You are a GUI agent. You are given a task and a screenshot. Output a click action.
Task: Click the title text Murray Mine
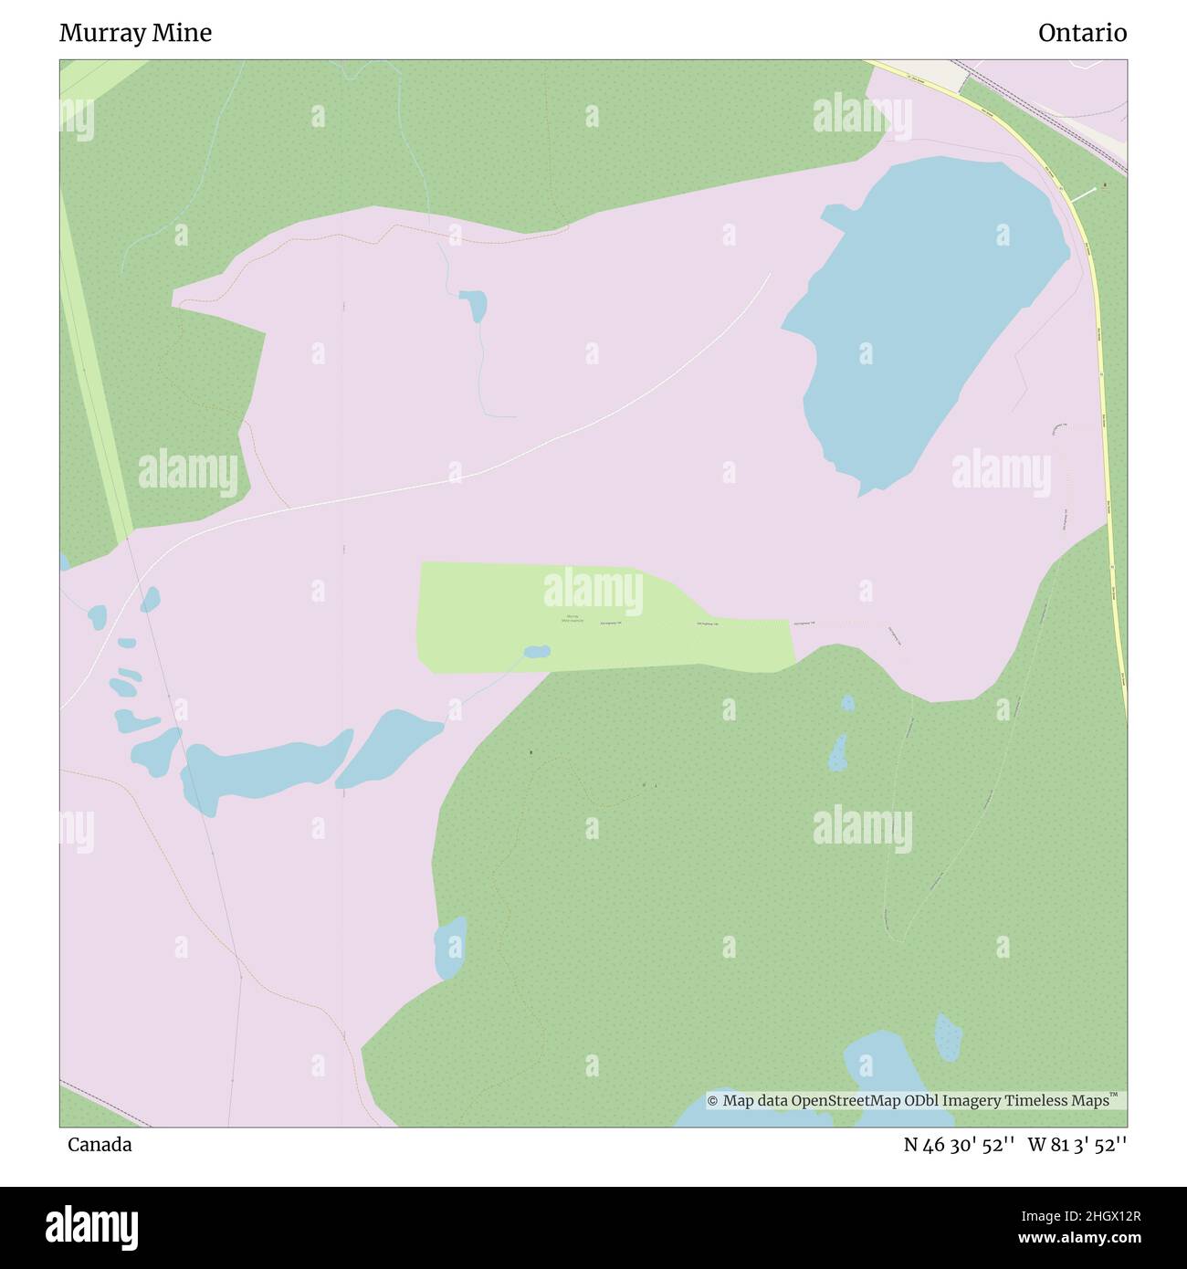[135, 33]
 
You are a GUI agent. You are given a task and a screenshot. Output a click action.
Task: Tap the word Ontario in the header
[1082, 33]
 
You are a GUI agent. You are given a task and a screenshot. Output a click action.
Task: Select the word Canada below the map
[99, 1144]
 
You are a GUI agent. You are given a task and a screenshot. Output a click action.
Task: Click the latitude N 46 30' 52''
[959, 1144]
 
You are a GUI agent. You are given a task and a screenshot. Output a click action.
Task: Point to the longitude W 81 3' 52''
[1077, 1144]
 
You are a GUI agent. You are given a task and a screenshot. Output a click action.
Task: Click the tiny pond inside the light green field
[537, 652]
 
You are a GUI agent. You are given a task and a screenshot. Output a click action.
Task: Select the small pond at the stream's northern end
[474, 305]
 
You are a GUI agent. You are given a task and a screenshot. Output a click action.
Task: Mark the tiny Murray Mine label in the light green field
[572, 619]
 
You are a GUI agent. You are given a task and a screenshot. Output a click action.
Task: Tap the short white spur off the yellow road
[1082, 194]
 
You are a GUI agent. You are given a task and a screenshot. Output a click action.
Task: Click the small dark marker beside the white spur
[1105, 186]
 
